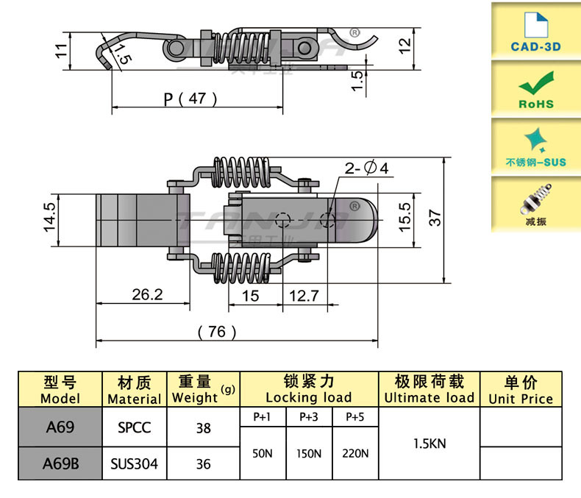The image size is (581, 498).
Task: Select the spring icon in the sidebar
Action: [535, 199]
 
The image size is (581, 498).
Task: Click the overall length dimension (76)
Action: [218, 332]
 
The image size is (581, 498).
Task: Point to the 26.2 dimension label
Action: [147, 295]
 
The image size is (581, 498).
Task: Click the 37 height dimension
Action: [434, 218]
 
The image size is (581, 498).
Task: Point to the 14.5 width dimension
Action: [49, 218]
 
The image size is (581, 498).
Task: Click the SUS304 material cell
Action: [134, 463]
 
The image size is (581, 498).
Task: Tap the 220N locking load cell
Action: [355, 453]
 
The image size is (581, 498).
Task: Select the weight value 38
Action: [203, 428]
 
